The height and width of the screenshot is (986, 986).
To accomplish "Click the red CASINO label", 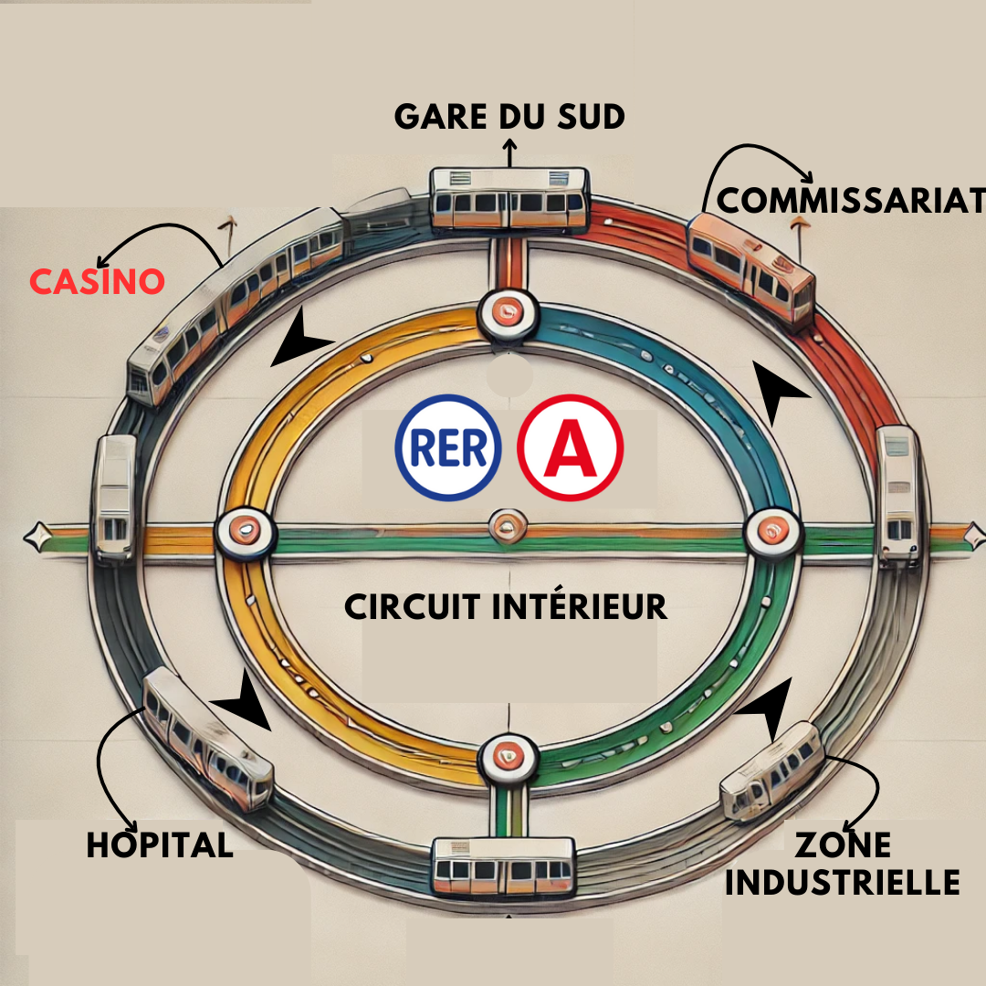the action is click(x=98, y=281).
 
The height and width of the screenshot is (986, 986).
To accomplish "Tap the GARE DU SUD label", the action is click(x=509, y=116).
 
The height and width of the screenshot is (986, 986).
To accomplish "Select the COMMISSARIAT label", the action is click(x=850, y=201).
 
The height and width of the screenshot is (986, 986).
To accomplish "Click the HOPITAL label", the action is click(x=160, y=844).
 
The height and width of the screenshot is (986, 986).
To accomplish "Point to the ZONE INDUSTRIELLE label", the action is click(x=843, y=864).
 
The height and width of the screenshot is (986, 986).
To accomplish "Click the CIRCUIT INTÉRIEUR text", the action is click(x=506, y=607).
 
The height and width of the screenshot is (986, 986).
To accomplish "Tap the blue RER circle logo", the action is click(x=448, y=447).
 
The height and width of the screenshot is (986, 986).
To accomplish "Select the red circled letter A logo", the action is click(x=571, y=447).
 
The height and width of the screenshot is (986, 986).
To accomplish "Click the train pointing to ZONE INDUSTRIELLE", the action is click(x=771, y=771).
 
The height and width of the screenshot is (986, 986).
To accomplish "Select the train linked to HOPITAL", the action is click(x=207, y=738).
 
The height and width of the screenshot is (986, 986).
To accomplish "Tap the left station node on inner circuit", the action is click(x=246, y=532).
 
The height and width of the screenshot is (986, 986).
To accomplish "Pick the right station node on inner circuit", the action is click(x=772, y=532).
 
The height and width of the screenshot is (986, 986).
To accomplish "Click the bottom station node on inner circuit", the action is click(x=509, y=759).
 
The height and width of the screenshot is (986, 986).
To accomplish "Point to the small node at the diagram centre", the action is click(x=509, y=527).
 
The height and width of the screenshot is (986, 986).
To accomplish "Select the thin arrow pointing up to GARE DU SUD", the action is click(x=509, y=152).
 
